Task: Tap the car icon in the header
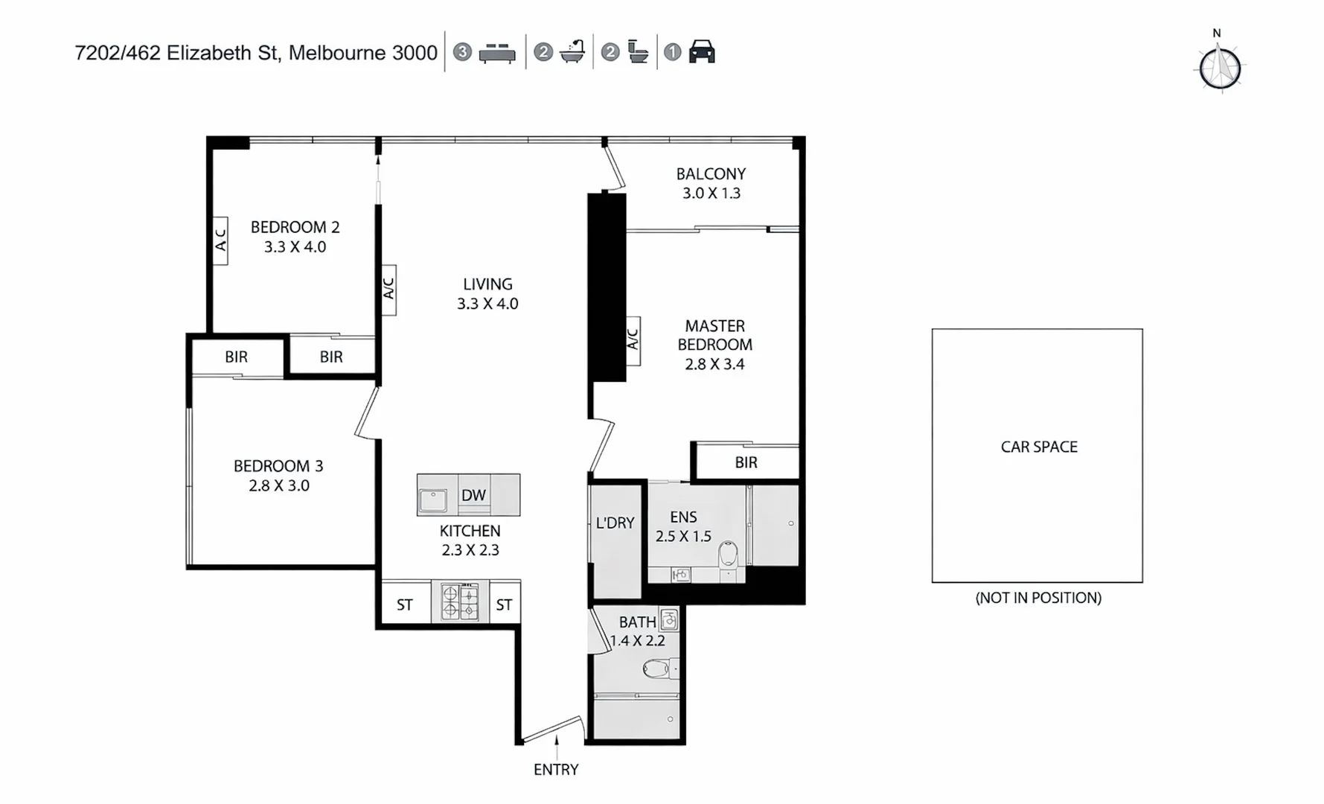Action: point(701,53)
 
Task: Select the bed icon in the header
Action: point(497,54)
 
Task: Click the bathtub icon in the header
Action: point(572,52)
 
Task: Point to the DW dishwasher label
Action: point(473,495)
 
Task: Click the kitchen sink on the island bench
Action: point(432,500)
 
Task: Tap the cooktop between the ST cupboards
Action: point(460,602)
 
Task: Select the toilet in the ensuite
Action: point(728,555)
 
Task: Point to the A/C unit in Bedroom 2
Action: point(220,240)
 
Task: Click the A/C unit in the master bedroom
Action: point(633,340)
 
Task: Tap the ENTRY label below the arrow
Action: point(556,770)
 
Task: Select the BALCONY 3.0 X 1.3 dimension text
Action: point(711,193)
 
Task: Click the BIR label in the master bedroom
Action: point(746,462)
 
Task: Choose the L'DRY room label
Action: point(615,523)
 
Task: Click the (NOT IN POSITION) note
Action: point(1038,598)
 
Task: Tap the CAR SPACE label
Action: point(1039,447)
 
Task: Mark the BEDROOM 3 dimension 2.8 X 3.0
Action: point(279,485)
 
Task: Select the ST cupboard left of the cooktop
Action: point(404,604)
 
